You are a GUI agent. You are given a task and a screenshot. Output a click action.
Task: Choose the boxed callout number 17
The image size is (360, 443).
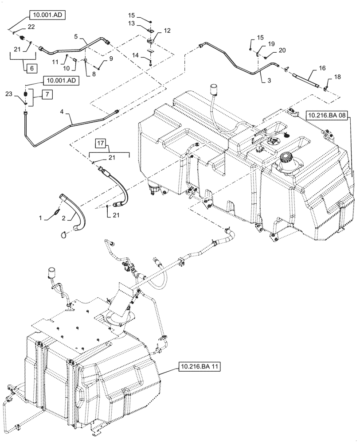[101, 143]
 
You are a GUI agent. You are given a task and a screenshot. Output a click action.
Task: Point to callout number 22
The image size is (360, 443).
[31, 27]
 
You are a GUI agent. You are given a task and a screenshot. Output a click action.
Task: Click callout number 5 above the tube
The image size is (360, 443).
[76, 36]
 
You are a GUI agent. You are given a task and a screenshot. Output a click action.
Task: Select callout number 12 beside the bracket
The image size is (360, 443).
[167, 31]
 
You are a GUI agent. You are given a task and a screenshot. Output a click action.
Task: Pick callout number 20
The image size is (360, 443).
[282, 51]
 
